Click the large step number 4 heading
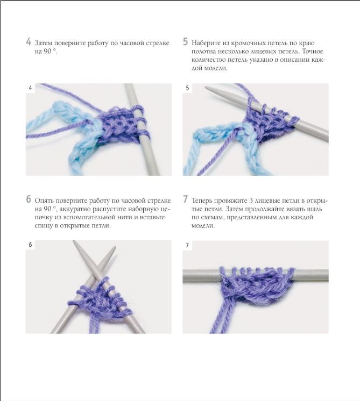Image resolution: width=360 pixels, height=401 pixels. coord(29,42)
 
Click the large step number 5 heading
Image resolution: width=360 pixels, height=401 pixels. coord(185,42)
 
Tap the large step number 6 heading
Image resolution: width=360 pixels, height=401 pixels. coord(29,199)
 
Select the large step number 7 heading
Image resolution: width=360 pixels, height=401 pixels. coord(185,199)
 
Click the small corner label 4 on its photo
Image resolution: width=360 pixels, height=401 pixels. coord(31,88)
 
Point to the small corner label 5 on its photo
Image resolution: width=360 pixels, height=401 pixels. coord(187,88)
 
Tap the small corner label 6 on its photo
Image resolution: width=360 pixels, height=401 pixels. coord(30,245)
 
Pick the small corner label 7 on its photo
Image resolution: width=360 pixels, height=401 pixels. coord(187,245)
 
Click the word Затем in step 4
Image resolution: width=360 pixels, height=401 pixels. coord(44,43)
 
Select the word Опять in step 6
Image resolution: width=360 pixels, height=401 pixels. coord(44,200)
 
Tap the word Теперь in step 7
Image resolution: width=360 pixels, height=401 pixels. coord(201,200)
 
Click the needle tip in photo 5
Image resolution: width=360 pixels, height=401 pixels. coord(207,88)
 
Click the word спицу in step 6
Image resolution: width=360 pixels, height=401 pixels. coord(44,226)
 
